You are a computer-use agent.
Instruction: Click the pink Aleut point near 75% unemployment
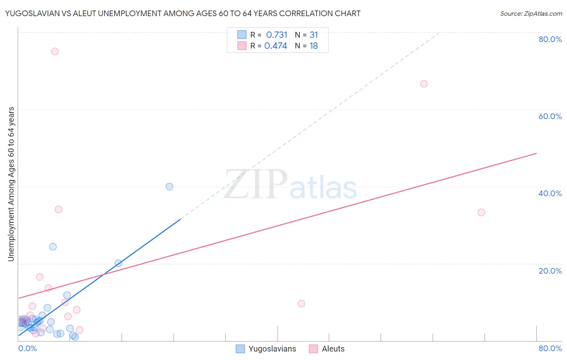point(55,51)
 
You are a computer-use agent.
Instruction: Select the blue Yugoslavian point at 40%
point(169,186)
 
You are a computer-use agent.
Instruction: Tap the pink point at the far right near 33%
point(481,212)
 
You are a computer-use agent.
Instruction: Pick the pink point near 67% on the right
point(424,84)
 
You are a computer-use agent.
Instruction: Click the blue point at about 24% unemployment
point(53,247)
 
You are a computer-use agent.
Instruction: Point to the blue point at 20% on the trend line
point(119,263)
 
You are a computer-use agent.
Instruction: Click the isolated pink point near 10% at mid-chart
point(301,303)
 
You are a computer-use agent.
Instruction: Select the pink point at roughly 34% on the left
point(58,209)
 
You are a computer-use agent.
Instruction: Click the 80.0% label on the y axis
point(550,39)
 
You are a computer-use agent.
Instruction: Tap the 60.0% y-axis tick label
point(550,116)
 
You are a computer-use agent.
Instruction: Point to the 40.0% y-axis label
point(550,193)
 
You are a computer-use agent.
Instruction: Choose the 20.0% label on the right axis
point(550,271)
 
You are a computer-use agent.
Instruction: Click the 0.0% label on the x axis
point(27,348)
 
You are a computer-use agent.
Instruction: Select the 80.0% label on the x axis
point(550,348)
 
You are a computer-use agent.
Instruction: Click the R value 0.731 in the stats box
point(277,35)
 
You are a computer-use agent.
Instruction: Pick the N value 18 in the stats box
point(314,46)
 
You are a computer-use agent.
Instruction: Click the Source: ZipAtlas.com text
point(531,14)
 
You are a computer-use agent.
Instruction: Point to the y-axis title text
point(11,184)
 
